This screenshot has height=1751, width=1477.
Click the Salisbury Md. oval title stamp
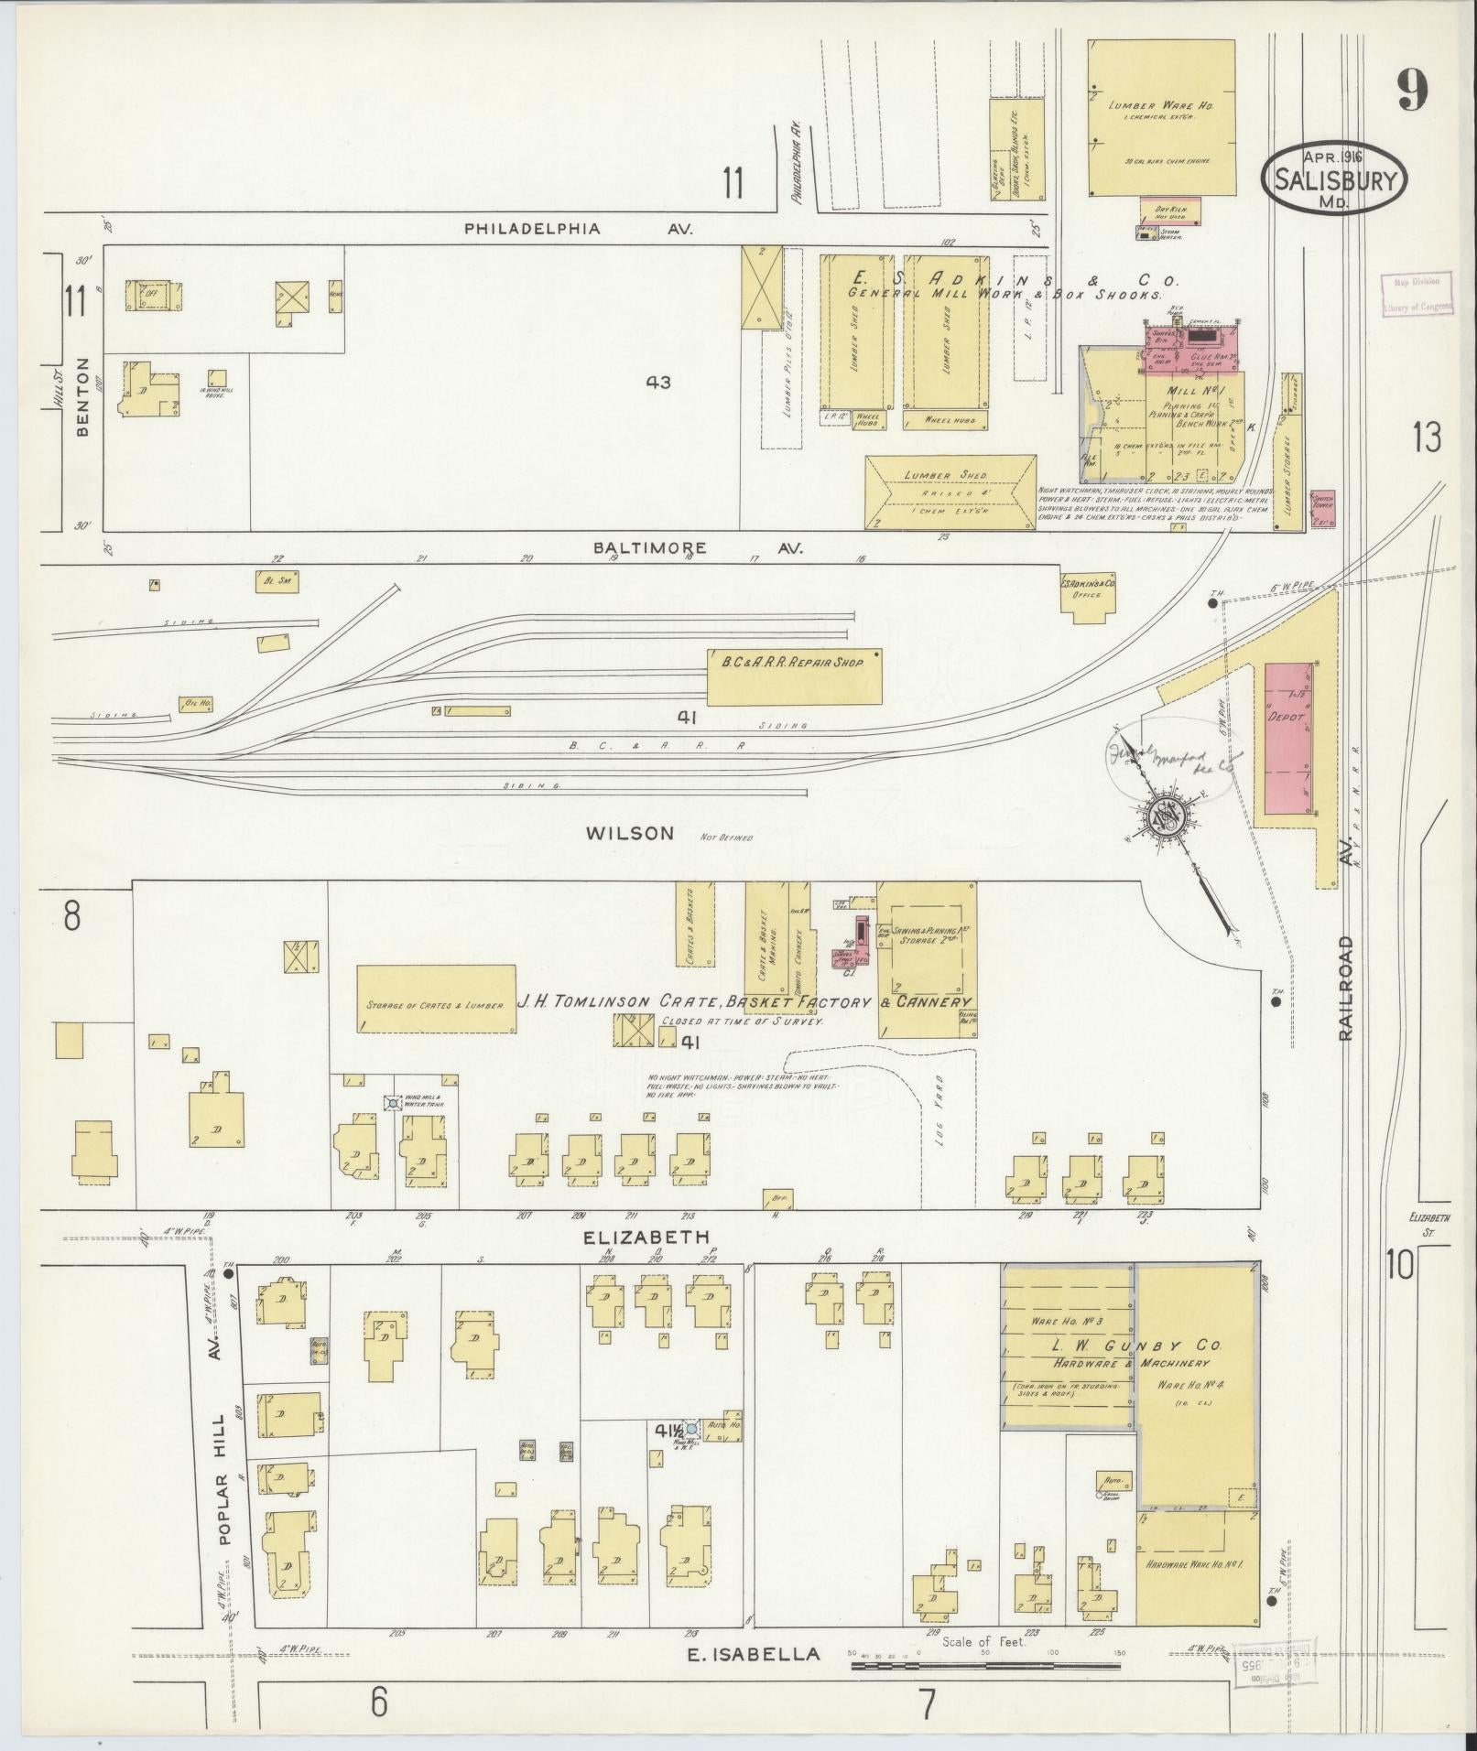(x=1334, y=178)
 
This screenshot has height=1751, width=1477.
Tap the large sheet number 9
(x=1412, y=92)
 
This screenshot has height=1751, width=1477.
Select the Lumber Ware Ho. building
(x=1160, y=117)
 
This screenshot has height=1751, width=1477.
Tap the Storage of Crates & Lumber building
(x=435, y=1000)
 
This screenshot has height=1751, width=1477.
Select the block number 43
(x=658, y=383)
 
